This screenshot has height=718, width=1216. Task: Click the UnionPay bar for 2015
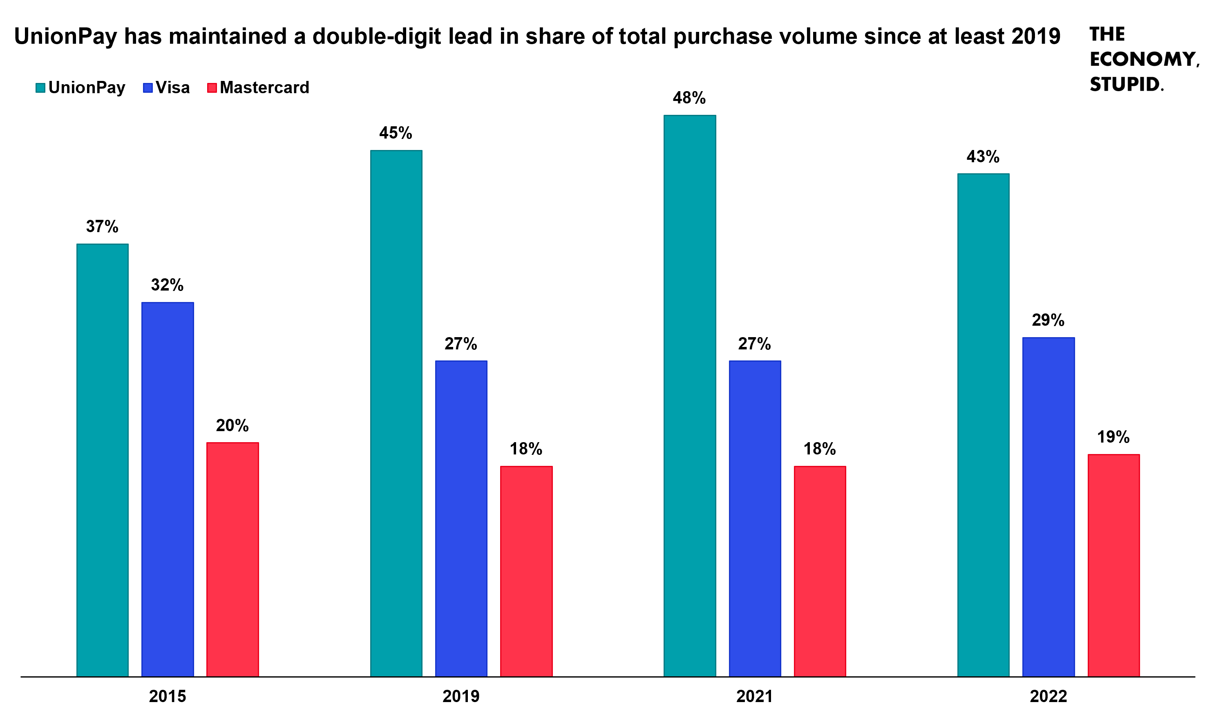(x=102, y=460)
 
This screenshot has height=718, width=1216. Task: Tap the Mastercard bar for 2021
(x=820, y=571)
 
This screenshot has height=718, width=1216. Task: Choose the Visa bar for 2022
(x=1048, y=507)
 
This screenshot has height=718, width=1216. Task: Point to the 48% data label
(x=689, y=98)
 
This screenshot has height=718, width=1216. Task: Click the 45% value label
(x=396, y=133)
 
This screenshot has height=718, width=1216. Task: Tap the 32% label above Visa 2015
(x=168, y=285)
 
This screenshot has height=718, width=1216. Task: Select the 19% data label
(x=1113, y=437)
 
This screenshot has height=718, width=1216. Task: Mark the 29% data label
(x=1048, y=320)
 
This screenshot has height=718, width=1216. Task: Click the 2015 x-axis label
(x=168, y=696)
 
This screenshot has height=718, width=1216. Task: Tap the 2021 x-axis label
(x=755, y=696)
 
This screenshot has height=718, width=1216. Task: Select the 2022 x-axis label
(x=1048, y=696)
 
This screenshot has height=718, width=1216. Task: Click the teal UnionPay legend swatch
(x=40, y=87)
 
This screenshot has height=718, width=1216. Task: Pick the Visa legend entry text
(x=173, y=87)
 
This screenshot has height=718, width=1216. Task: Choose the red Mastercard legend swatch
(x=212, y=87)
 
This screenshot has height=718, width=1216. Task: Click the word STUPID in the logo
(x=1125, y=84)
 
